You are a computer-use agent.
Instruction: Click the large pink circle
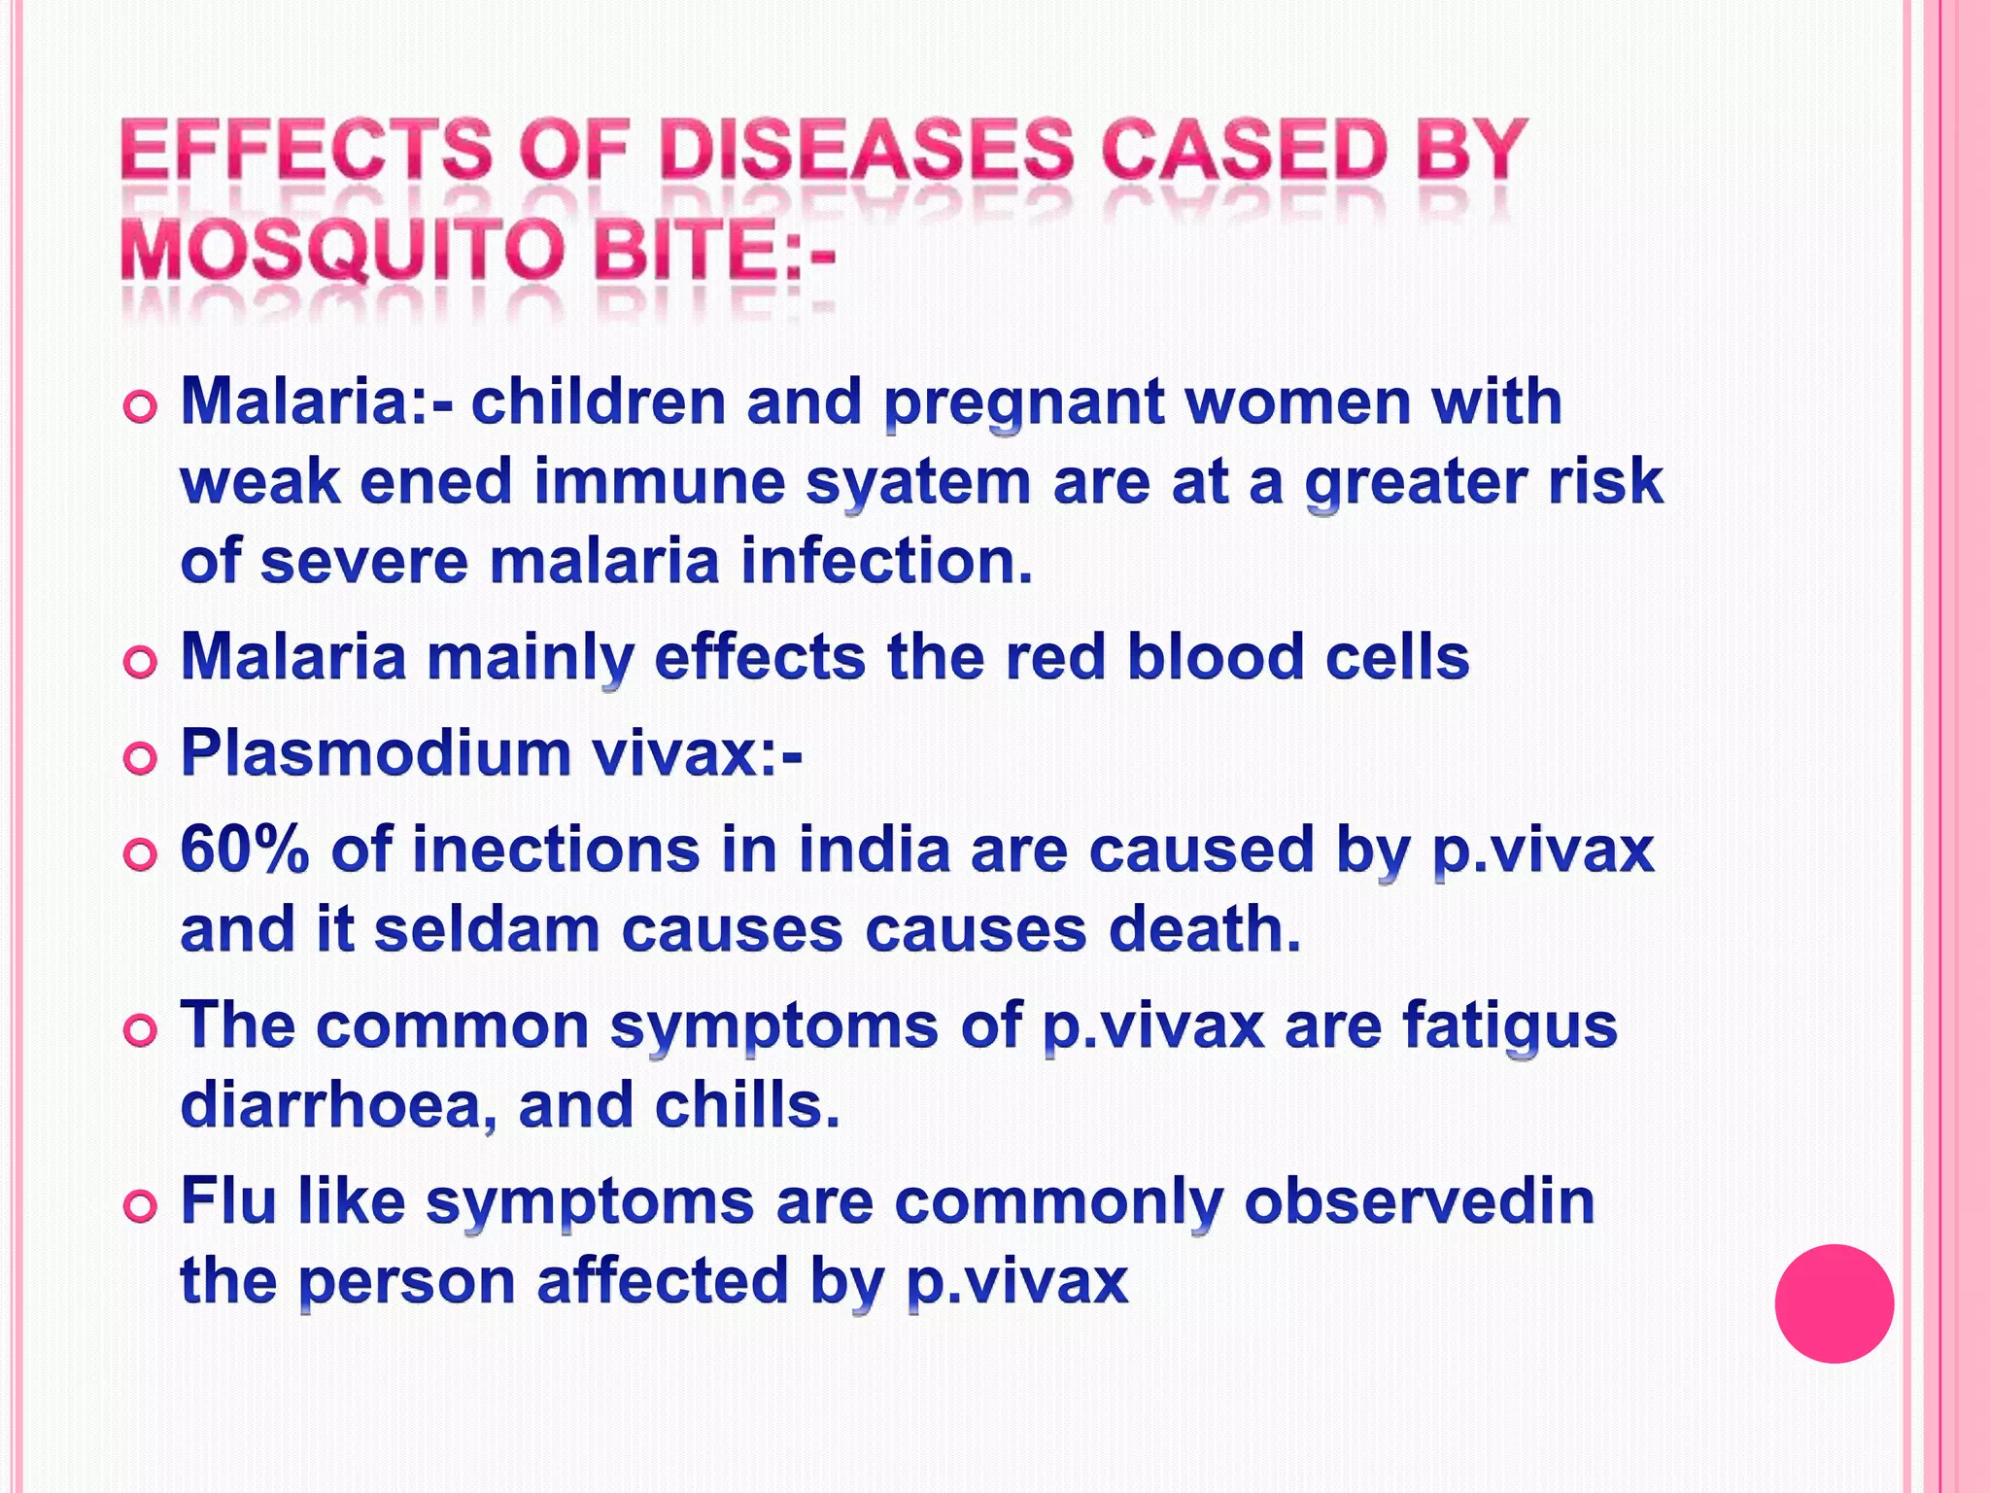pyautogui.click(x=1834, y=1302)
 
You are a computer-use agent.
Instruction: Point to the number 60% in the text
pyautogui.click(x=245, y=850)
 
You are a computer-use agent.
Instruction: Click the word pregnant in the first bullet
pyautogui.click(x=1025, y=403)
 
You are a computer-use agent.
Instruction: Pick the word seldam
pyautogui.click(x=487, y=929)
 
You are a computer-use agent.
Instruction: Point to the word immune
pyautogui.click(x=660, y=483)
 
